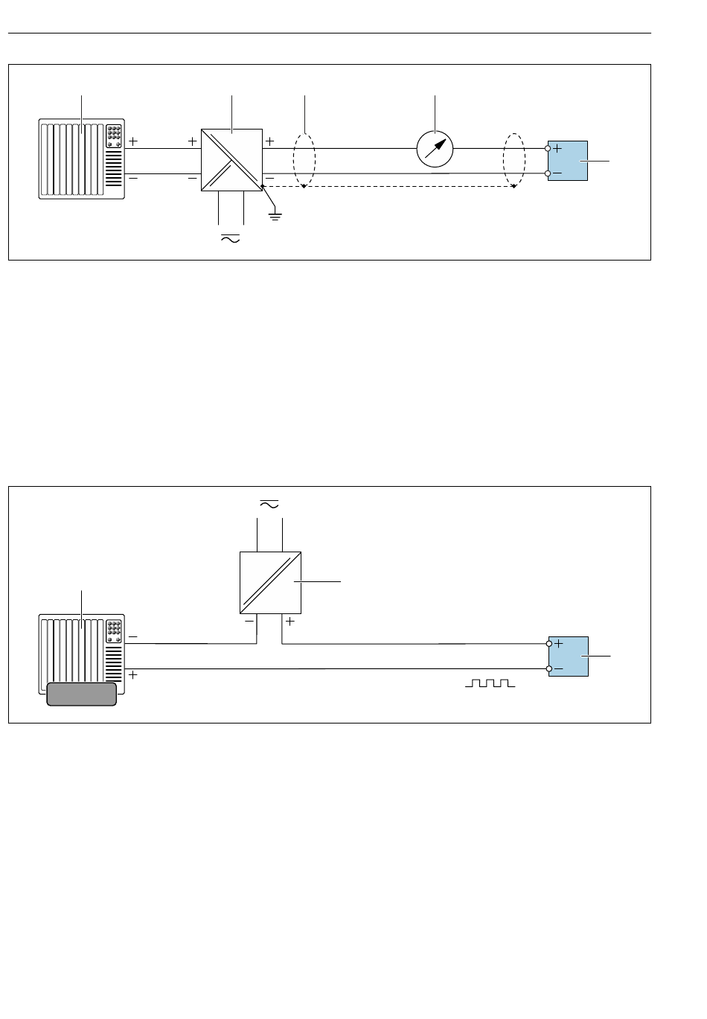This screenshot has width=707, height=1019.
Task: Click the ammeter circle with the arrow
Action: (x=435, y=148)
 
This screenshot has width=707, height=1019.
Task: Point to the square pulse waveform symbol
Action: (x=490, y=683)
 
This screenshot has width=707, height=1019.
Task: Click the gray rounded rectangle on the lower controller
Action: (x=81, y=694)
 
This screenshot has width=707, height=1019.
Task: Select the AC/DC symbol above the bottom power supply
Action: (x=269, y=504)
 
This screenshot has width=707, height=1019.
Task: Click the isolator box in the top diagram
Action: (x=231, y=159)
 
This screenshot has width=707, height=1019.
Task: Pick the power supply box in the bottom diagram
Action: (x=270, y=581)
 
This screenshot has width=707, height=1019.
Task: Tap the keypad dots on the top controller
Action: (x=114, y=134)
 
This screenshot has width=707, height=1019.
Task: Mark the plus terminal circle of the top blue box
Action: (x=548, y=148)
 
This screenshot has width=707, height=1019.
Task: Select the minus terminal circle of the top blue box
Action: (x=548, y=173)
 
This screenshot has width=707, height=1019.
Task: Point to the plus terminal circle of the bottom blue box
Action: (x=549, y=644)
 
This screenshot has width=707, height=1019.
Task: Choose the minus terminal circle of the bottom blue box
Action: (x=549, y=669)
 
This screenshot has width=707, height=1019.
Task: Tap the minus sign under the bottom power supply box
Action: (x=249, y=620)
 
